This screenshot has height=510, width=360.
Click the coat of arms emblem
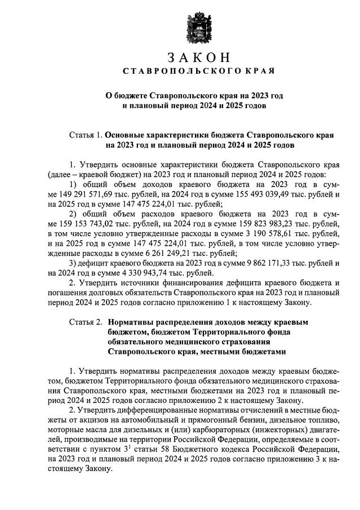[x=198, y=26]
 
